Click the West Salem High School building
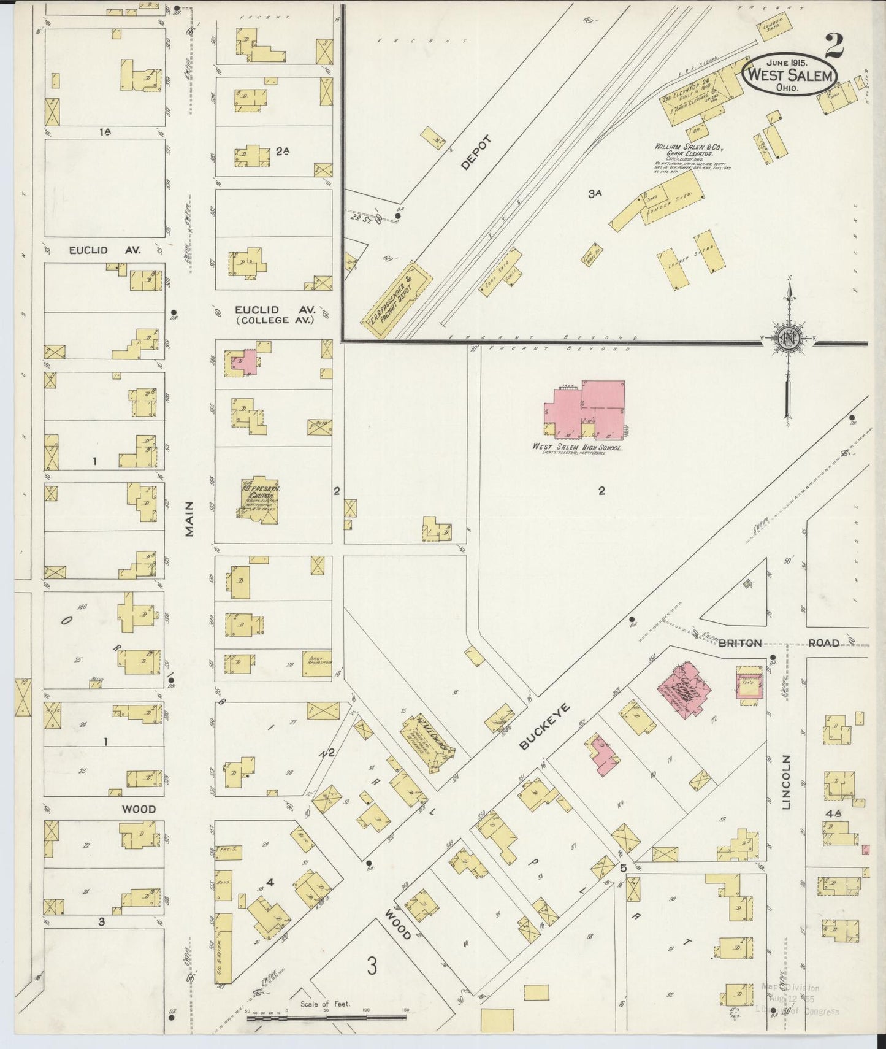586,408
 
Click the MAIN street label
189,519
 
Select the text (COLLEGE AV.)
275,320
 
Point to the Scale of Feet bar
326,1017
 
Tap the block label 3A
595,194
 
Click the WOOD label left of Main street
138,809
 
